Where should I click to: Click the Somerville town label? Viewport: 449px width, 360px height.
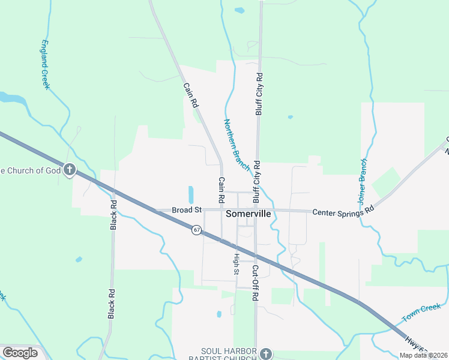pyautogui.click(x=248, y=214)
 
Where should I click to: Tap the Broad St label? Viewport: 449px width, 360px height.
pyautogui.click(x=186, y=210)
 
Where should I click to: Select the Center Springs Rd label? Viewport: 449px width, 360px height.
pyautogui.click(x=343, y=211)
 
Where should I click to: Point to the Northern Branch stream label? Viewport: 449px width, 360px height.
pyautogui.click(x=236, y=144)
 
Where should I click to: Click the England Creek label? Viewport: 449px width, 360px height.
pyautogui.click(x=45, y=65)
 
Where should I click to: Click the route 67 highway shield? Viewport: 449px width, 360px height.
pyautogui.click(x=196, y=230)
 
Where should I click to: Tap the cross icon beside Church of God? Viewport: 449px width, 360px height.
pyautogui.click(x=70, y=170)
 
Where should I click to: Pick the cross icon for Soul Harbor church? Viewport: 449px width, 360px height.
pyautogui.click(x=267, y=354)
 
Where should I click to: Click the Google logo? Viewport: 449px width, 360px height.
pyautogui.click(x=20, y=353)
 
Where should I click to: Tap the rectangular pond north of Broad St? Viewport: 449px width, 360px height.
pyautogui.click(x=191, y=194)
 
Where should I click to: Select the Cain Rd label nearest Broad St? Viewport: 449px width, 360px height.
pyautogui.click(x=221, y=189)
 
